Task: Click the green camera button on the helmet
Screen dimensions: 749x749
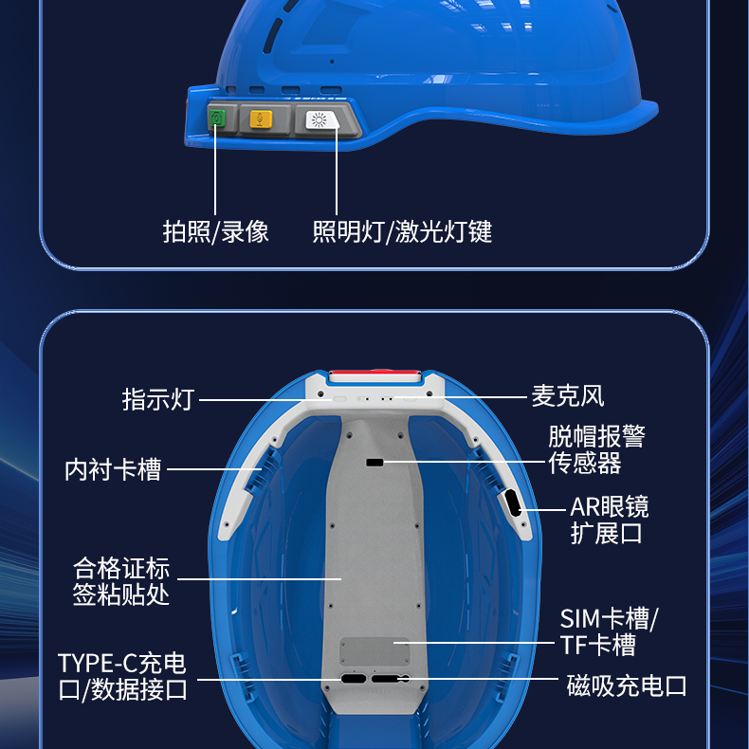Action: [x=217, y=118]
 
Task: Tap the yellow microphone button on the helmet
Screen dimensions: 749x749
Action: [x=261, y=119]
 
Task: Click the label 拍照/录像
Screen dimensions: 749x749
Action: [x=215, y=231]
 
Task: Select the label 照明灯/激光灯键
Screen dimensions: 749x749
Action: [x=402, y=231]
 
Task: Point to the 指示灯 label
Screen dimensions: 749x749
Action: [x=158, y=399]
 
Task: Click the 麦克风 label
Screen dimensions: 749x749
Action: [x=568, y=396]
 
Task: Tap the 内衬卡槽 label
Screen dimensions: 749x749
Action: [x=113, y=469]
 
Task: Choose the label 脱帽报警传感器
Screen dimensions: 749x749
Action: [x=596, y=449]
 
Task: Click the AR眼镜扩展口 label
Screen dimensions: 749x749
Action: [x=609, y=521]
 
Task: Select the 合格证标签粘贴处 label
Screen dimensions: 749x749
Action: [x=120, y=581]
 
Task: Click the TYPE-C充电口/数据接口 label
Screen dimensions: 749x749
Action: [x=122, y=676]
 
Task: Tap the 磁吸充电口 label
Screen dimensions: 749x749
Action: [x=627, y=685]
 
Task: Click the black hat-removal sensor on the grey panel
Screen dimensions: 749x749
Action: [x=374, y=463]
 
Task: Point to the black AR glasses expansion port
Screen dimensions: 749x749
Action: [x=512, y=503]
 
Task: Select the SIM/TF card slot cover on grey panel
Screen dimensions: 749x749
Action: [x=374, y=651]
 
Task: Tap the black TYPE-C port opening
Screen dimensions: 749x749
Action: [x=354, y=679]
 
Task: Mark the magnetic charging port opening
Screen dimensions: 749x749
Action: [x=391, y=679]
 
